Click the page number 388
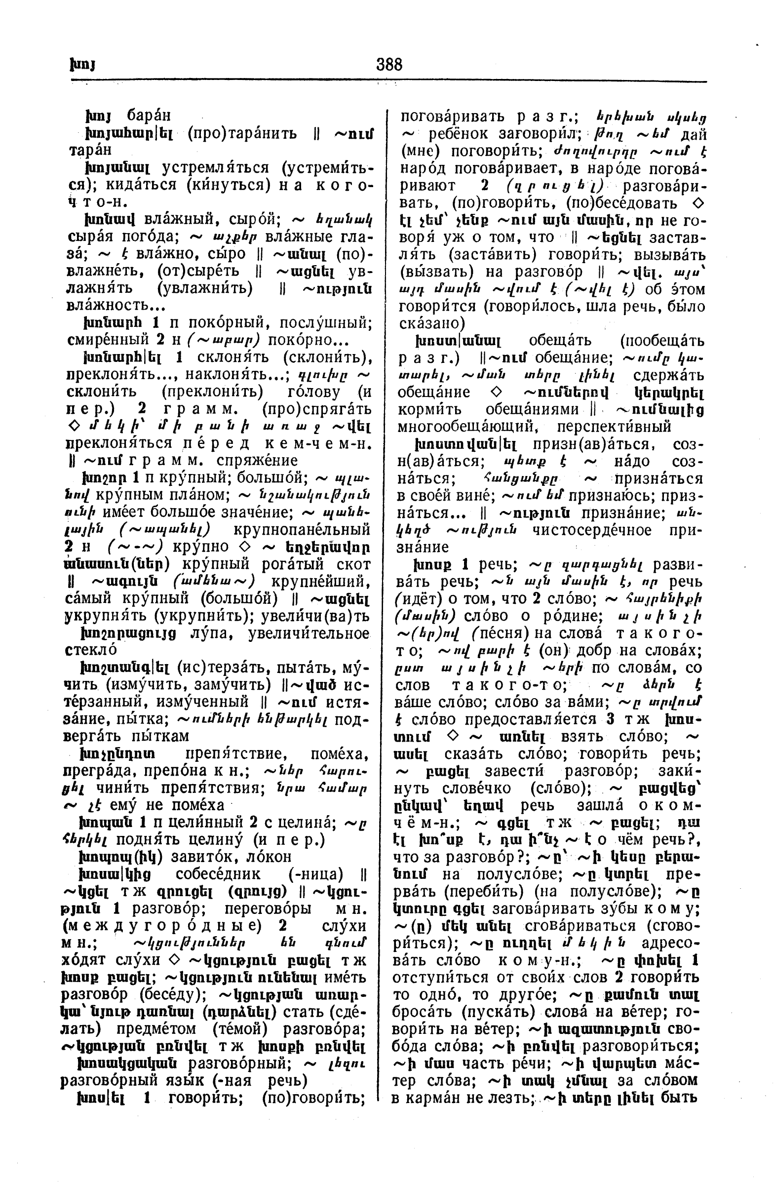click(389, 65)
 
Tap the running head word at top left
click(82, 65)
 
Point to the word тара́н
click(90, 150)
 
